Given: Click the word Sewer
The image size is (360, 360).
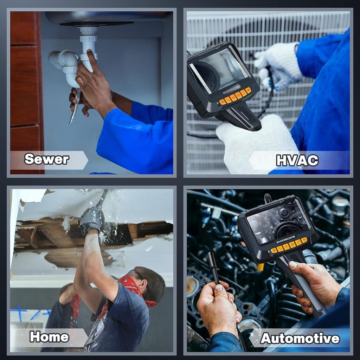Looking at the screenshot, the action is (x=47, y=159).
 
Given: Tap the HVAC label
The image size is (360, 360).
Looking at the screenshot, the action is (x=297, y=160).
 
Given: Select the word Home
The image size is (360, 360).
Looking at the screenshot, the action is (x=49, y=337).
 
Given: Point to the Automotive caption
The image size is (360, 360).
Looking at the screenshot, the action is (x=300, y=339).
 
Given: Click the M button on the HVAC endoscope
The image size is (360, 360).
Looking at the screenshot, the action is (x=248, y=90).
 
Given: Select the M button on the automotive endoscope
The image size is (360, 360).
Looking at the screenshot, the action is (x=304, y=240).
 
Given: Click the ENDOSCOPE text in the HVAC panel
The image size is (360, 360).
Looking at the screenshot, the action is (x=231, y=89).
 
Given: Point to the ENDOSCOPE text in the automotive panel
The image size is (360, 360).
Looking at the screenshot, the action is (x=285, y=239).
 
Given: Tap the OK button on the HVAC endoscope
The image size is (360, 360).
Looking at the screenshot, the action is (x=233, y=97).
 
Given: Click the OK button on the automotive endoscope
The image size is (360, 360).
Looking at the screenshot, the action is (x=286, y=246).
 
